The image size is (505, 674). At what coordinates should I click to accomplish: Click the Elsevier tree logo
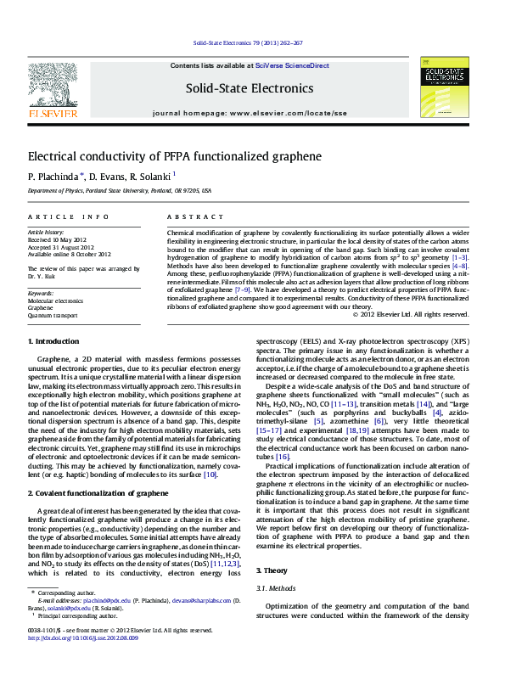54,86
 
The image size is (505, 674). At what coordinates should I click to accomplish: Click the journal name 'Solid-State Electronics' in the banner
249,88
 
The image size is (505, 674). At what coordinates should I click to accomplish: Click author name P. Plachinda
53,177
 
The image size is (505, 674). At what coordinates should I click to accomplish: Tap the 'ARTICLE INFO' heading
69,217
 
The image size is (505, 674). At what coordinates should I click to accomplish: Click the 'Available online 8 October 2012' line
70,254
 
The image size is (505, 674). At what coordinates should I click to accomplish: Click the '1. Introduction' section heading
53,341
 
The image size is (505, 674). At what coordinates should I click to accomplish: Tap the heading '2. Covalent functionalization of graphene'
98,492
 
